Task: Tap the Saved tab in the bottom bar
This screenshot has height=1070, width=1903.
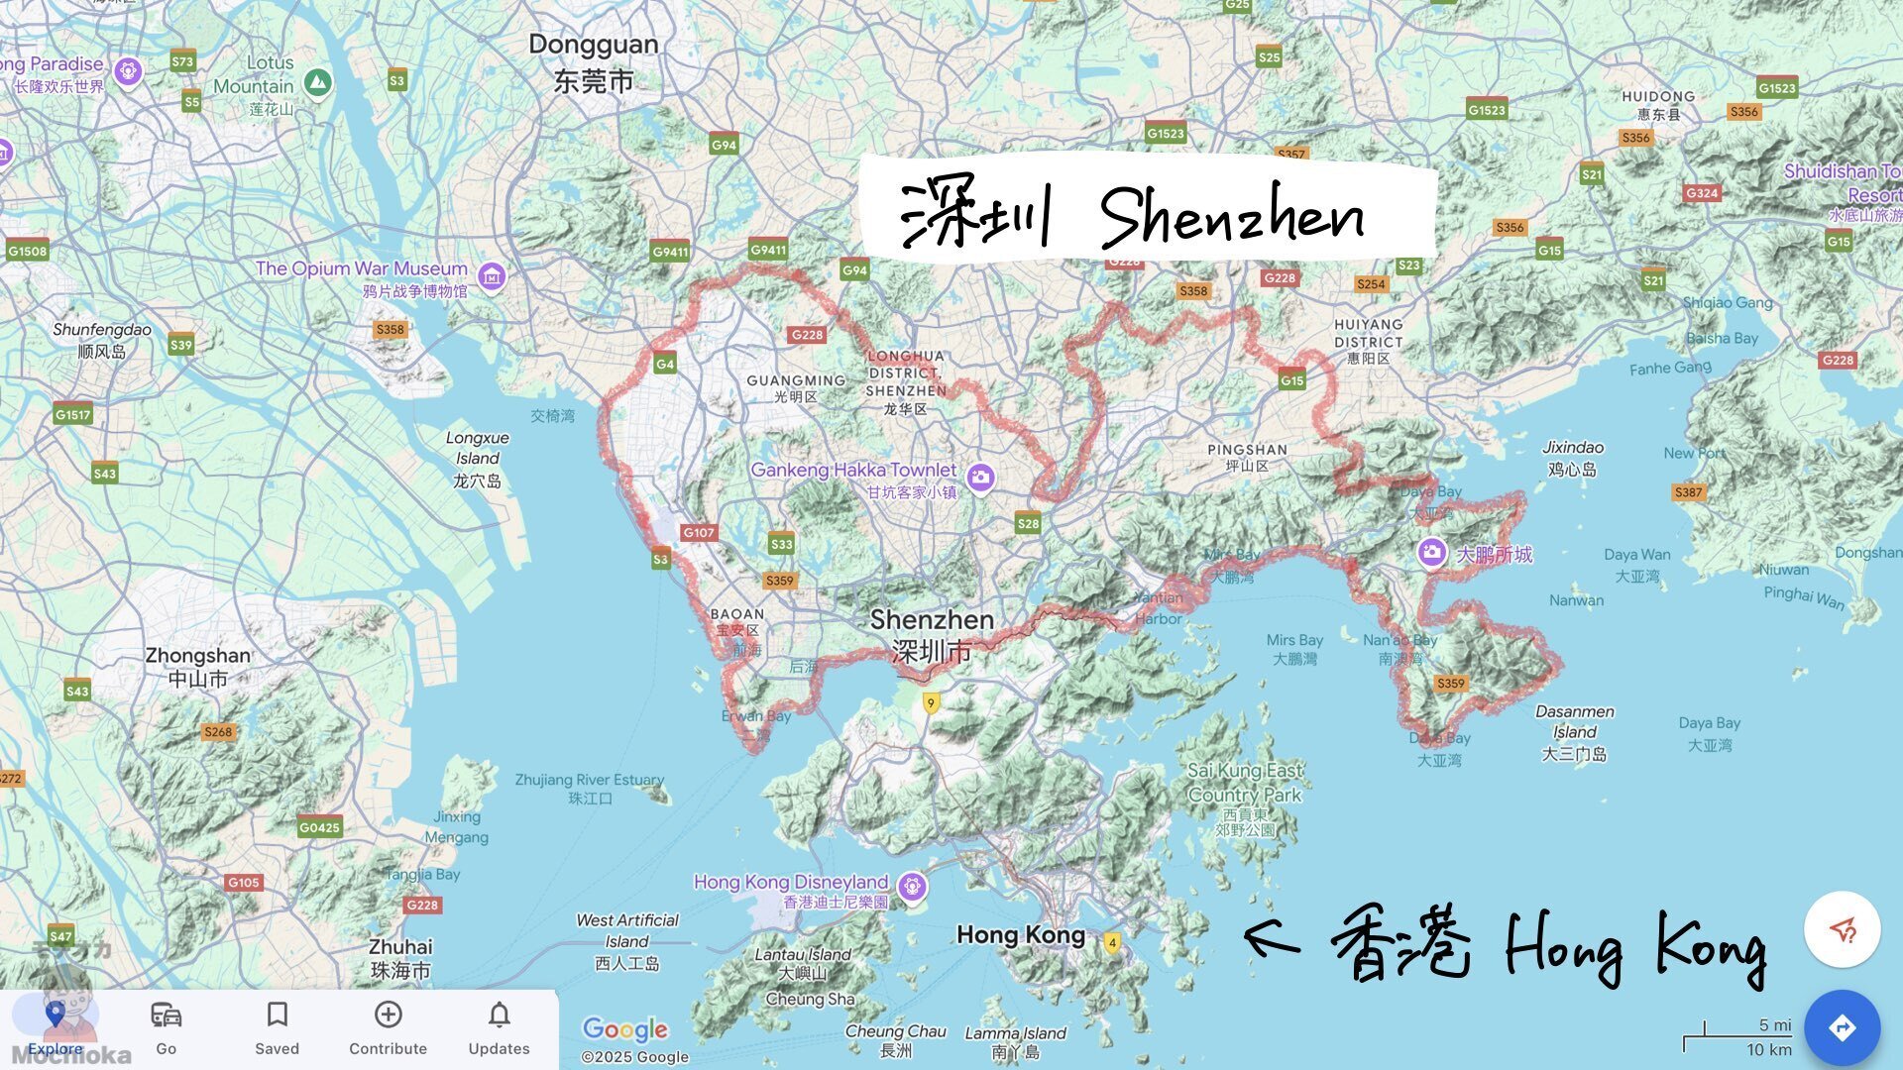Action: click(277, 1026)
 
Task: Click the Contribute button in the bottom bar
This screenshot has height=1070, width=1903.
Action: click(388, 1026)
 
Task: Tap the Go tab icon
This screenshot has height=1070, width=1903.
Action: click(166, 1016)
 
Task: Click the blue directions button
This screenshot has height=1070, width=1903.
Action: click(1842, 1027)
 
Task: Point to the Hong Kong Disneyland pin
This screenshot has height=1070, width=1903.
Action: click(912, 885)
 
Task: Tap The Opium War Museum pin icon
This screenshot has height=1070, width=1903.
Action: click(492, 276)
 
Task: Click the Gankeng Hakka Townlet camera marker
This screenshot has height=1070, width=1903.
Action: click(980, 478)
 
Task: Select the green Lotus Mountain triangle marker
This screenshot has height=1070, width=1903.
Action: click(317, 83)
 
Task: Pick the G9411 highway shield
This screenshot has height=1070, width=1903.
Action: click(768, 250)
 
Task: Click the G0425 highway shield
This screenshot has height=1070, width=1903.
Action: click(319, 827)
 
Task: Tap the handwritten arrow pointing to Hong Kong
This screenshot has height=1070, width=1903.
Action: click(1272, 937)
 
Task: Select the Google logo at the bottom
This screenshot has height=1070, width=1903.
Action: click(624, 1029)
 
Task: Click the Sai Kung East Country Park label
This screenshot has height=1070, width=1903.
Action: click(1245, 783)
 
